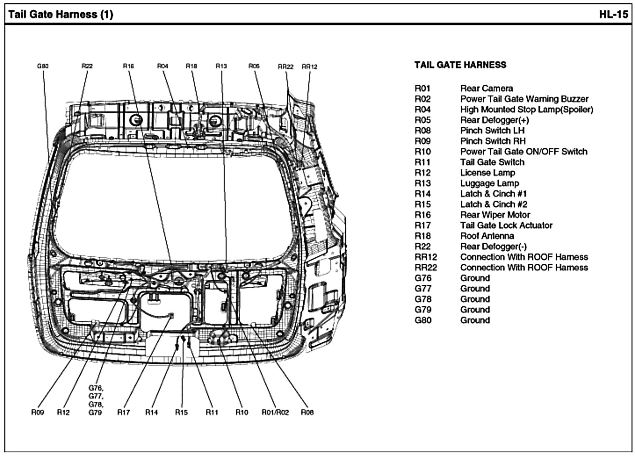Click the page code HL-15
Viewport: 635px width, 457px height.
[613, 14]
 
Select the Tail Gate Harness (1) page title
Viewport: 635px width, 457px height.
[61, 14]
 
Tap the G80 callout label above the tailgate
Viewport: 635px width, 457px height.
[43, 66]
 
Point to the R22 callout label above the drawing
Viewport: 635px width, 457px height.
[87, 66]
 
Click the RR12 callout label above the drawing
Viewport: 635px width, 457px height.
[309, 67]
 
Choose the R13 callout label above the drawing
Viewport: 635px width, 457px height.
[221, 66]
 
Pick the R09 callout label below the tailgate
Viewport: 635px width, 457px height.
[37, 412]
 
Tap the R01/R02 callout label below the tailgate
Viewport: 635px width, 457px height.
[275, 412]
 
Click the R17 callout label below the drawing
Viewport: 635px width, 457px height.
[123, 412]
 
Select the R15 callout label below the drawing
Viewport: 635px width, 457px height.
[181, 412]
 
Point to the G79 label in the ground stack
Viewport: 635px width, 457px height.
[95, 413]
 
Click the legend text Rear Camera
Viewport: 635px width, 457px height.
[486, 89]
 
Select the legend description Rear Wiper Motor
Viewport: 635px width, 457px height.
[495, 215]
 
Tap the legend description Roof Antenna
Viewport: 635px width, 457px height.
[487, 236]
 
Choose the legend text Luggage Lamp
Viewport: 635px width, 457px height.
[489, 183]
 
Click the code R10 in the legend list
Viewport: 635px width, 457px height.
[422, 152]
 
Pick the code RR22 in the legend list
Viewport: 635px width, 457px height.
[426, 268]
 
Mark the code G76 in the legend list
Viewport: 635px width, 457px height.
[423, 278]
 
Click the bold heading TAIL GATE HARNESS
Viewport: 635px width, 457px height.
[460, 65]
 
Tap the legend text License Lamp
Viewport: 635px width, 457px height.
[487, 173]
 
